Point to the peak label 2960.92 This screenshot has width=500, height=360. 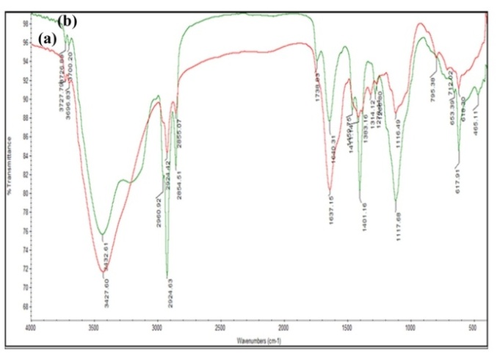159,207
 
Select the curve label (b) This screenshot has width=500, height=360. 68,21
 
